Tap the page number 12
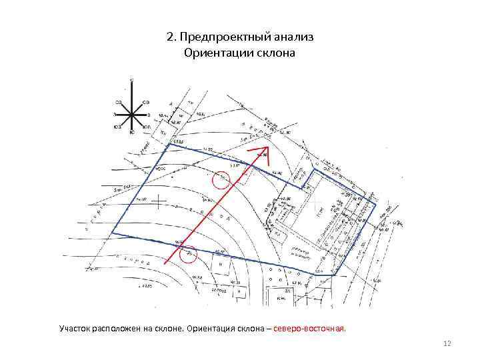click(447, 343)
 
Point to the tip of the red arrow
click(267, 147)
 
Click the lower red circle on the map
click(189, 254)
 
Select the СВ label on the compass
click(146, 101)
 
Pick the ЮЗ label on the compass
click(117, 126)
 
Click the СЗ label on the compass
click(117, 102)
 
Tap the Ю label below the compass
click(131, 133)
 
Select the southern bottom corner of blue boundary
click(332, 275)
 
